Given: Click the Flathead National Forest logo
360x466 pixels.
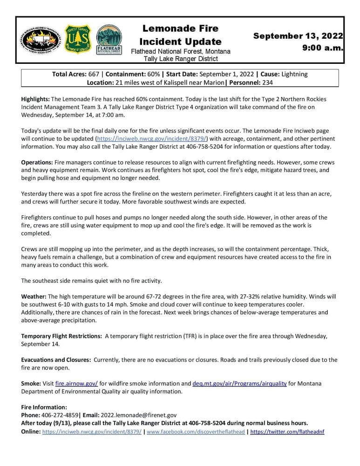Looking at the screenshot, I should pos(109,41).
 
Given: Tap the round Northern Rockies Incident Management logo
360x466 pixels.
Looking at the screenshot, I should pos(40,40).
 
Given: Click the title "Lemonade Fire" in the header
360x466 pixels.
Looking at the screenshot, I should pos(180,29).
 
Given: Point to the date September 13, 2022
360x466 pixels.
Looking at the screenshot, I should pos(298,36).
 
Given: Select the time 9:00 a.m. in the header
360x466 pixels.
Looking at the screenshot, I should pos(323,48).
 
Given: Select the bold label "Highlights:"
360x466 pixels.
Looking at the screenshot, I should pos(35,99).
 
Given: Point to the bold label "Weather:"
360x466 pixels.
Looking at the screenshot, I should pos(34,296).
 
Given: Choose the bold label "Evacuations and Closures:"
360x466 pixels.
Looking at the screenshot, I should pos(56,360).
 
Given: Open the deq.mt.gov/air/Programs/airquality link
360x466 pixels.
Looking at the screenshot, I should pos(239,384).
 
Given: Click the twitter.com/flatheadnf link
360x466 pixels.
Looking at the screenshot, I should pos(287,432).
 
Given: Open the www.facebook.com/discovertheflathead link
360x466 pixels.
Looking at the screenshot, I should pos(196,432).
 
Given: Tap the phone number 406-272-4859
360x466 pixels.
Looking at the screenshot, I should pos(61,415).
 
